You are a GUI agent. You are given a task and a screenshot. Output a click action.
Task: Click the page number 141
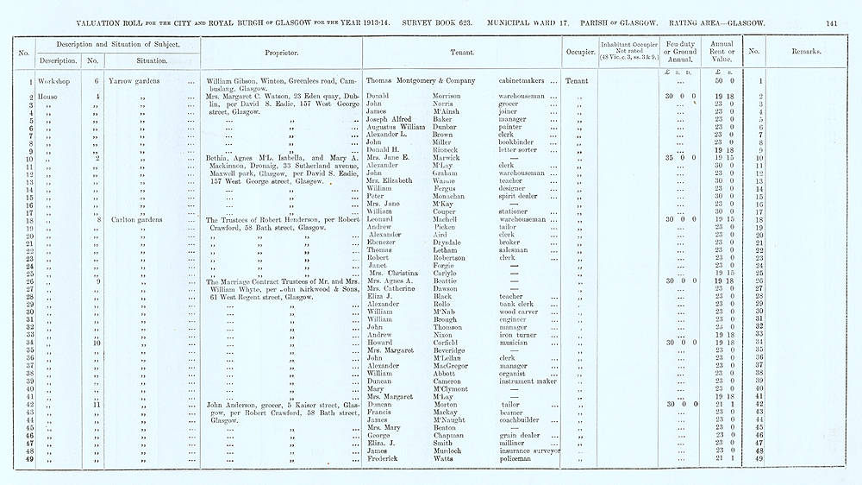(832, 23)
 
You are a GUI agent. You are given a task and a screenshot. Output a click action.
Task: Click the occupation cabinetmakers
(528, 81)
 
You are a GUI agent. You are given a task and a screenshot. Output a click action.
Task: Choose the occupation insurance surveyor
(529, 450)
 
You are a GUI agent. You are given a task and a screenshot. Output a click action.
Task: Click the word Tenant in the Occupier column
(578, 81)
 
